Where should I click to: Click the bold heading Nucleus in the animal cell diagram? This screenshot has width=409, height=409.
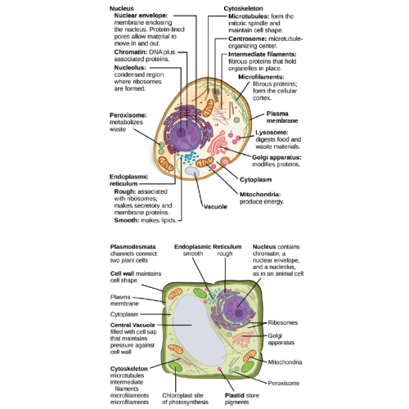coord(124,8)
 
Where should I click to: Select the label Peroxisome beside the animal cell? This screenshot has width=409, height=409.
coord(128,115)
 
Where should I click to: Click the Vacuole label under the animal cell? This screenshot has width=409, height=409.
coord(215,206)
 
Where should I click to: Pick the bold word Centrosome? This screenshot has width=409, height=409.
coord(247,38)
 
